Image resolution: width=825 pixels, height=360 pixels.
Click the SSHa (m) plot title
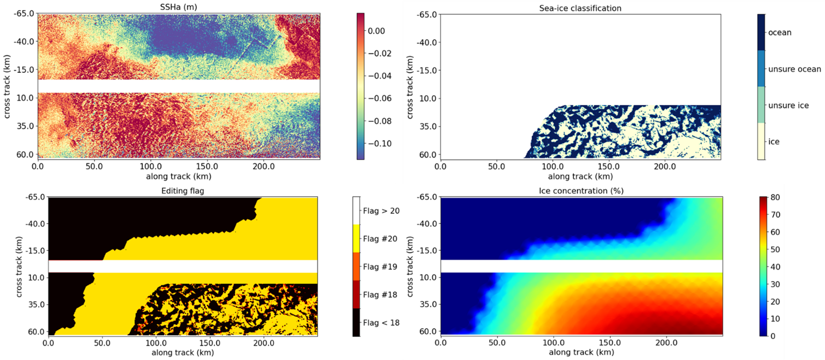coord(178,7)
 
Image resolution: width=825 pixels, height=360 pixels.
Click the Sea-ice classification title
coord(580,8)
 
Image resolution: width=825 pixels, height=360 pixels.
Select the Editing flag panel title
coord(182,191)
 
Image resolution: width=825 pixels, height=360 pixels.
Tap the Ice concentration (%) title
coord(581,191)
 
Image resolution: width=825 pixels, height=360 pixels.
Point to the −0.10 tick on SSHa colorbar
coord(379,144)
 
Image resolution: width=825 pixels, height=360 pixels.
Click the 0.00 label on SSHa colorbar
coord(376,31)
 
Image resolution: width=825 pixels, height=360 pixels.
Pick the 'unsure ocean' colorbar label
coord(794,69)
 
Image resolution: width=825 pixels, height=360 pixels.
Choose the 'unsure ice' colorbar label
coord(788,105)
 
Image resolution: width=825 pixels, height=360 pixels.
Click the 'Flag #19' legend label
coord(380,267)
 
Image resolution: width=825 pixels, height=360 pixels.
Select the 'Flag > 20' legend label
coord(381,211)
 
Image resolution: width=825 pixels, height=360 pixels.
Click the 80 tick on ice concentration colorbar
coord(775,198)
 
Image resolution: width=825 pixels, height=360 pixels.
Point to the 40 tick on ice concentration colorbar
coord(775,267)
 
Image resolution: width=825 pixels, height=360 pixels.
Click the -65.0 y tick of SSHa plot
coord(24,13)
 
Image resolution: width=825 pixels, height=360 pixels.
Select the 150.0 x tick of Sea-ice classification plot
coord(609,166)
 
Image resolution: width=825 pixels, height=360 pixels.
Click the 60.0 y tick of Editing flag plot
coord(36,332)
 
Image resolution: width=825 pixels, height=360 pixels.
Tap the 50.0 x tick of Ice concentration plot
coord(497,342)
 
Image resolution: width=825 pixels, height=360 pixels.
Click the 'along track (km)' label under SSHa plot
coord(178,177)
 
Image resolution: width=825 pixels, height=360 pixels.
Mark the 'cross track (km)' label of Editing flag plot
coord(19,267)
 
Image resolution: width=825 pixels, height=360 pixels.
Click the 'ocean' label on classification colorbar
coord(779,33)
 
